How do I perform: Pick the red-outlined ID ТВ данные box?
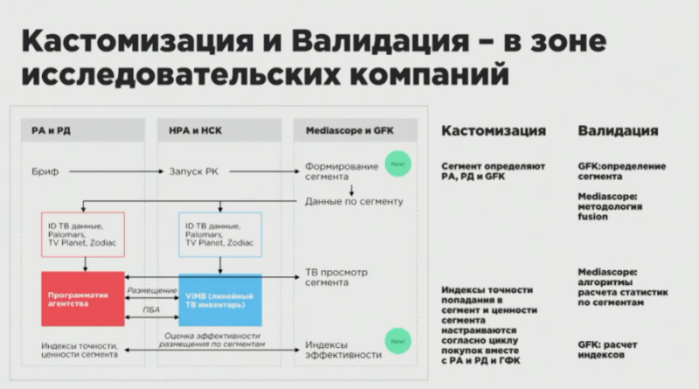82,234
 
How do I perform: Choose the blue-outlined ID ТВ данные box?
219,234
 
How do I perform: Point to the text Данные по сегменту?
354,202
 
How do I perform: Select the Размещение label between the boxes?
151,289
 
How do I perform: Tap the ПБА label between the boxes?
151,309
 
